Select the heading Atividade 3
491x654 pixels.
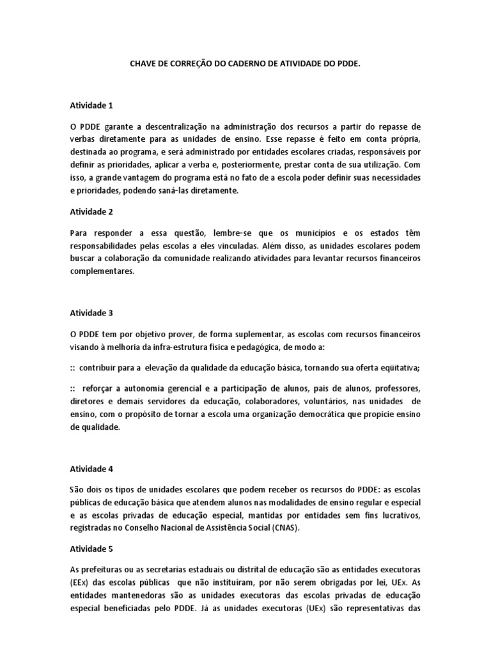click(x=91, y=313)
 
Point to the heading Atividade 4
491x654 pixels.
click(x=91, y=468)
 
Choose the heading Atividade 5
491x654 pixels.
click(x=91, y=548)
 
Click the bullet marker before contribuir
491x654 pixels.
click(x=73, y=367)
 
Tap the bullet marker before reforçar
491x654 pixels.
click(x=73, y=389)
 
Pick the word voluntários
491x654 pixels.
click(x=345, y=402)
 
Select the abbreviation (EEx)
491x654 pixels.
click(x=80, y=581)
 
